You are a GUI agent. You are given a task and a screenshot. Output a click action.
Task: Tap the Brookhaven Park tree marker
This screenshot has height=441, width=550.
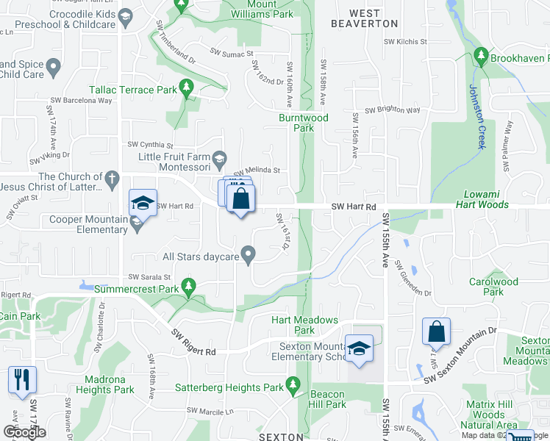tap(481, 55)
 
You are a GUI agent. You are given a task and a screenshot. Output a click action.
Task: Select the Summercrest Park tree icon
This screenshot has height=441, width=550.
tap(190, 285)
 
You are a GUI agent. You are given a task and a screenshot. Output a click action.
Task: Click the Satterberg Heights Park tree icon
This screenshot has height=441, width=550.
tap(293, 384)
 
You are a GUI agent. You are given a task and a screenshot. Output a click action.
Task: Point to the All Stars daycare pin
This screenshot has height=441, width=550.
tap(249, 257)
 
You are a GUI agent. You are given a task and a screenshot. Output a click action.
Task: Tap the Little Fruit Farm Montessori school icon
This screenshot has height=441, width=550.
tap(219, 158)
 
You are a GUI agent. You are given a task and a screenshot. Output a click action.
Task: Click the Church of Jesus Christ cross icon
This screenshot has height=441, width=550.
tap(112, 178)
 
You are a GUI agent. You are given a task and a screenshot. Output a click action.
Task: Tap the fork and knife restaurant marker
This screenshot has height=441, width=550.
tap(21, 379)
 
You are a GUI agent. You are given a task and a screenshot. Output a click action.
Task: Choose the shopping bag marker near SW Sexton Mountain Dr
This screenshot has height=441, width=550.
tap(437, 331)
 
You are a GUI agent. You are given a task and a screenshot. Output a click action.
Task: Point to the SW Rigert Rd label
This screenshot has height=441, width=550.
tap(194, 343)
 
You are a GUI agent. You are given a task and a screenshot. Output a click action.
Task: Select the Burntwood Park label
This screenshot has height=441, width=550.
tap(303, 122)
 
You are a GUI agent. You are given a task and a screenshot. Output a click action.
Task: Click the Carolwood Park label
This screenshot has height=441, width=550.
tap(493, 287)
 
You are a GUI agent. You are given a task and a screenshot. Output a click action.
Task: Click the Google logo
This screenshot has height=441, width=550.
tap(24, 432)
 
